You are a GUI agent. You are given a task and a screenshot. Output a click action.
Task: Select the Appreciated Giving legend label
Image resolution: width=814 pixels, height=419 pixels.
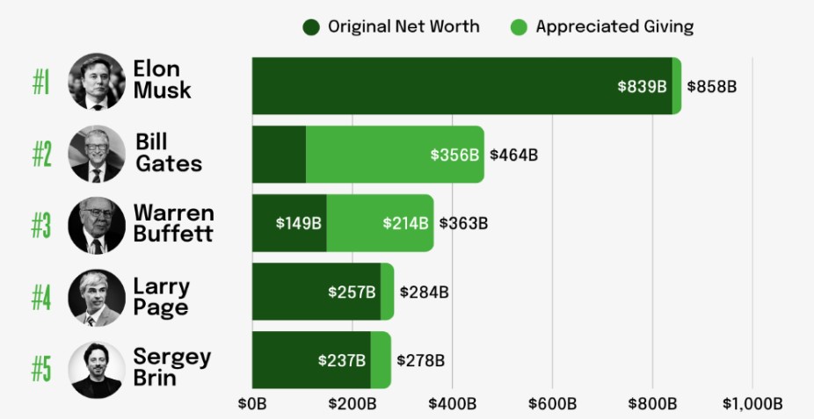pos(614,27)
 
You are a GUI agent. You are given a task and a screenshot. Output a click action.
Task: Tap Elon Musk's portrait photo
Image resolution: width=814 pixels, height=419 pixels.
pos(97,81)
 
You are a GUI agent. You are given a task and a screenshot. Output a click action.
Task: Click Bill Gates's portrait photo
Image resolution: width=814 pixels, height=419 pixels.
pos(97,154)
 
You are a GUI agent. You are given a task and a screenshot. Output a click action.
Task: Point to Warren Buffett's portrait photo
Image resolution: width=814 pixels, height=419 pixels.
pos(97,225)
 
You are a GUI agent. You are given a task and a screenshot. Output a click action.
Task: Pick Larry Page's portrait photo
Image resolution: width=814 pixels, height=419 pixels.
pos(97,297)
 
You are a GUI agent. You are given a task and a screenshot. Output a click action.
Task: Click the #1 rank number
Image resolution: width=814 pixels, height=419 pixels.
pos(42,83)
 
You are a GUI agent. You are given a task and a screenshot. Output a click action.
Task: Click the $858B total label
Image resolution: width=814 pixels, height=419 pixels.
pos(711,87)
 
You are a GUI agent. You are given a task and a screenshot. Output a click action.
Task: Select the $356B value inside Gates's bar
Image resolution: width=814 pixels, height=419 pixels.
pos(454,155)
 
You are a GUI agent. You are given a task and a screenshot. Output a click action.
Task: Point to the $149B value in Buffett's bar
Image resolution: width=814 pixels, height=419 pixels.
pos(299,223)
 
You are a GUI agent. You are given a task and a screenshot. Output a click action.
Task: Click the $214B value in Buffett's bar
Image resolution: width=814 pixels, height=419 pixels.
pos(406,223)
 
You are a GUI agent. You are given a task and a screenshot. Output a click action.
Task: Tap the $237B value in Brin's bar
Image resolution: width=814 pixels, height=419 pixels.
pos(342,361)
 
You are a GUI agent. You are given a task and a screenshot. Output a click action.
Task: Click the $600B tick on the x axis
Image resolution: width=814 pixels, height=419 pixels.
pos(552,404)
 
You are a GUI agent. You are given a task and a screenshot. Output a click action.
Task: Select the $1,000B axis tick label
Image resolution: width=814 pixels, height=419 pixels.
pos(752,404)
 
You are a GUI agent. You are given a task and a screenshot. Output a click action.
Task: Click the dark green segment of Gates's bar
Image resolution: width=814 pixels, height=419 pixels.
pos(279,155)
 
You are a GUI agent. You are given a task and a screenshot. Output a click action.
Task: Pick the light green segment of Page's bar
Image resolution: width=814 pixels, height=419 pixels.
pos(387,292)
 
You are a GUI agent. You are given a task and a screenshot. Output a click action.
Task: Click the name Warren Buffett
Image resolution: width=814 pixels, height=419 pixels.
pos(174,223)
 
